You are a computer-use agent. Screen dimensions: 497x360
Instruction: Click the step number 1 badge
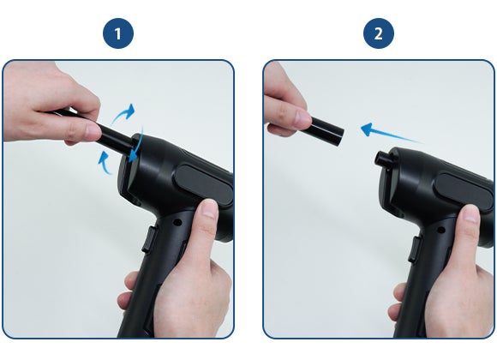(118, 33)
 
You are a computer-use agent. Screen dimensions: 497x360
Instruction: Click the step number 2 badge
(379, 33)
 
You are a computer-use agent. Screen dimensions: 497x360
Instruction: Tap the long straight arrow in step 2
(392, 133)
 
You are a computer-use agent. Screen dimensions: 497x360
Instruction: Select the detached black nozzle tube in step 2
(326, 130)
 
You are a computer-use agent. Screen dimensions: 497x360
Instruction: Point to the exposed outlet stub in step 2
(382, 159)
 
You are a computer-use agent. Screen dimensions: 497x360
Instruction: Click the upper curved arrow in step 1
(124, 113)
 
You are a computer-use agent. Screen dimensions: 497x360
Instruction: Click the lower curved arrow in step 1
(105, 163)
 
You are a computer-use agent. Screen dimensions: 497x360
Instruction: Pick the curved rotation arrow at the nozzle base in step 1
(137, 145)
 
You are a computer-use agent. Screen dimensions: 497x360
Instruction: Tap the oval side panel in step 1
(203, 184)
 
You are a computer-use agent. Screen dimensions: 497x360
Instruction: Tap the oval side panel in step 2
(464, 191)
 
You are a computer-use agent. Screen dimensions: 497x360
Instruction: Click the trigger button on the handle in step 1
(149, 239)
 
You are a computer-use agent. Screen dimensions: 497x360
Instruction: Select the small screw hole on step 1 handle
(178, 222)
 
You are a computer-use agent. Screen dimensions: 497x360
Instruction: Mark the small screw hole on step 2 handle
(440, 230)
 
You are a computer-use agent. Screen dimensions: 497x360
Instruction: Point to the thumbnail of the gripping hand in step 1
(210, 208)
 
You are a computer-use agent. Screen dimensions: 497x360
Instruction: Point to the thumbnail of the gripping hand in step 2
(470, 214)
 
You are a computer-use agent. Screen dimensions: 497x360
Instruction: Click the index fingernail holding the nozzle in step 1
(93, 132)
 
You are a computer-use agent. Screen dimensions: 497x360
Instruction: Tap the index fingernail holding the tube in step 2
(302, 117)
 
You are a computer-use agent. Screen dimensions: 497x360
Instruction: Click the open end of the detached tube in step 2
(340, 136)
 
